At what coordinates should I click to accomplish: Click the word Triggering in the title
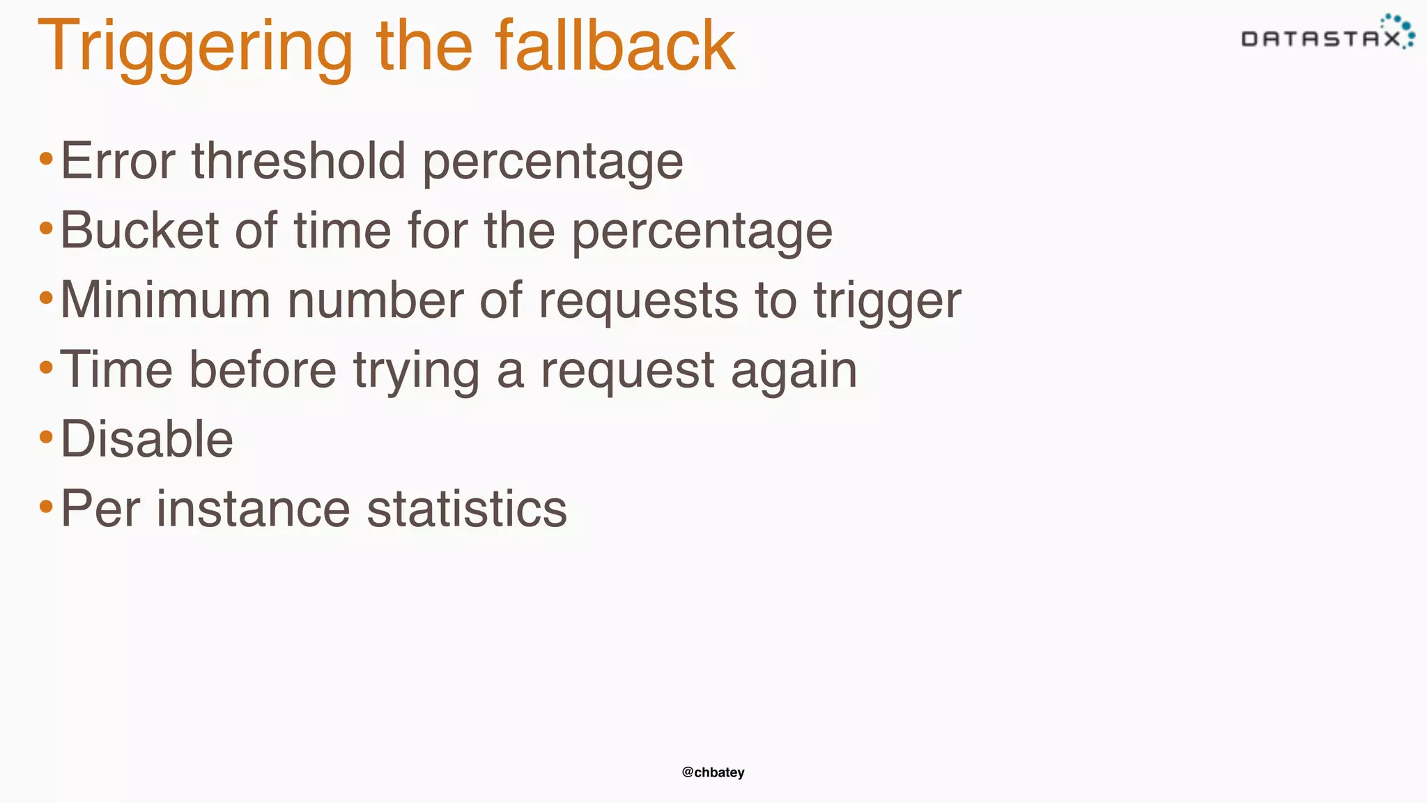(196, 47)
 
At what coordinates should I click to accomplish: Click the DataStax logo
(1327, 34)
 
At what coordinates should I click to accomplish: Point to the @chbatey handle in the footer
(713, 772)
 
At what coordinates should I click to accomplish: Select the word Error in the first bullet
(118, 161)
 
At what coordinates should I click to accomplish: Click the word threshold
(299, 161)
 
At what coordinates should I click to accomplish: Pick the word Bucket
(139, 231)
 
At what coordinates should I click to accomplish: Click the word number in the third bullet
(375, 300)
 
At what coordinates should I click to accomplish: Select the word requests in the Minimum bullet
(638, 302)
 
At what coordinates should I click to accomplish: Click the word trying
(416, 372)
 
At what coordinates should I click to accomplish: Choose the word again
(794, 372)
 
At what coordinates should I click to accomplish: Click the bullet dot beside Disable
(47, 438)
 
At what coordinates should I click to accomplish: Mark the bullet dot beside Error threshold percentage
(47, 159)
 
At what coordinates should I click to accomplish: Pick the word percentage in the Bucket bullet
(702, 232)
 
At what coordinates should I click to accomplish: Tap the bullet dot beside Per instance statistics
(47, 507)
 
